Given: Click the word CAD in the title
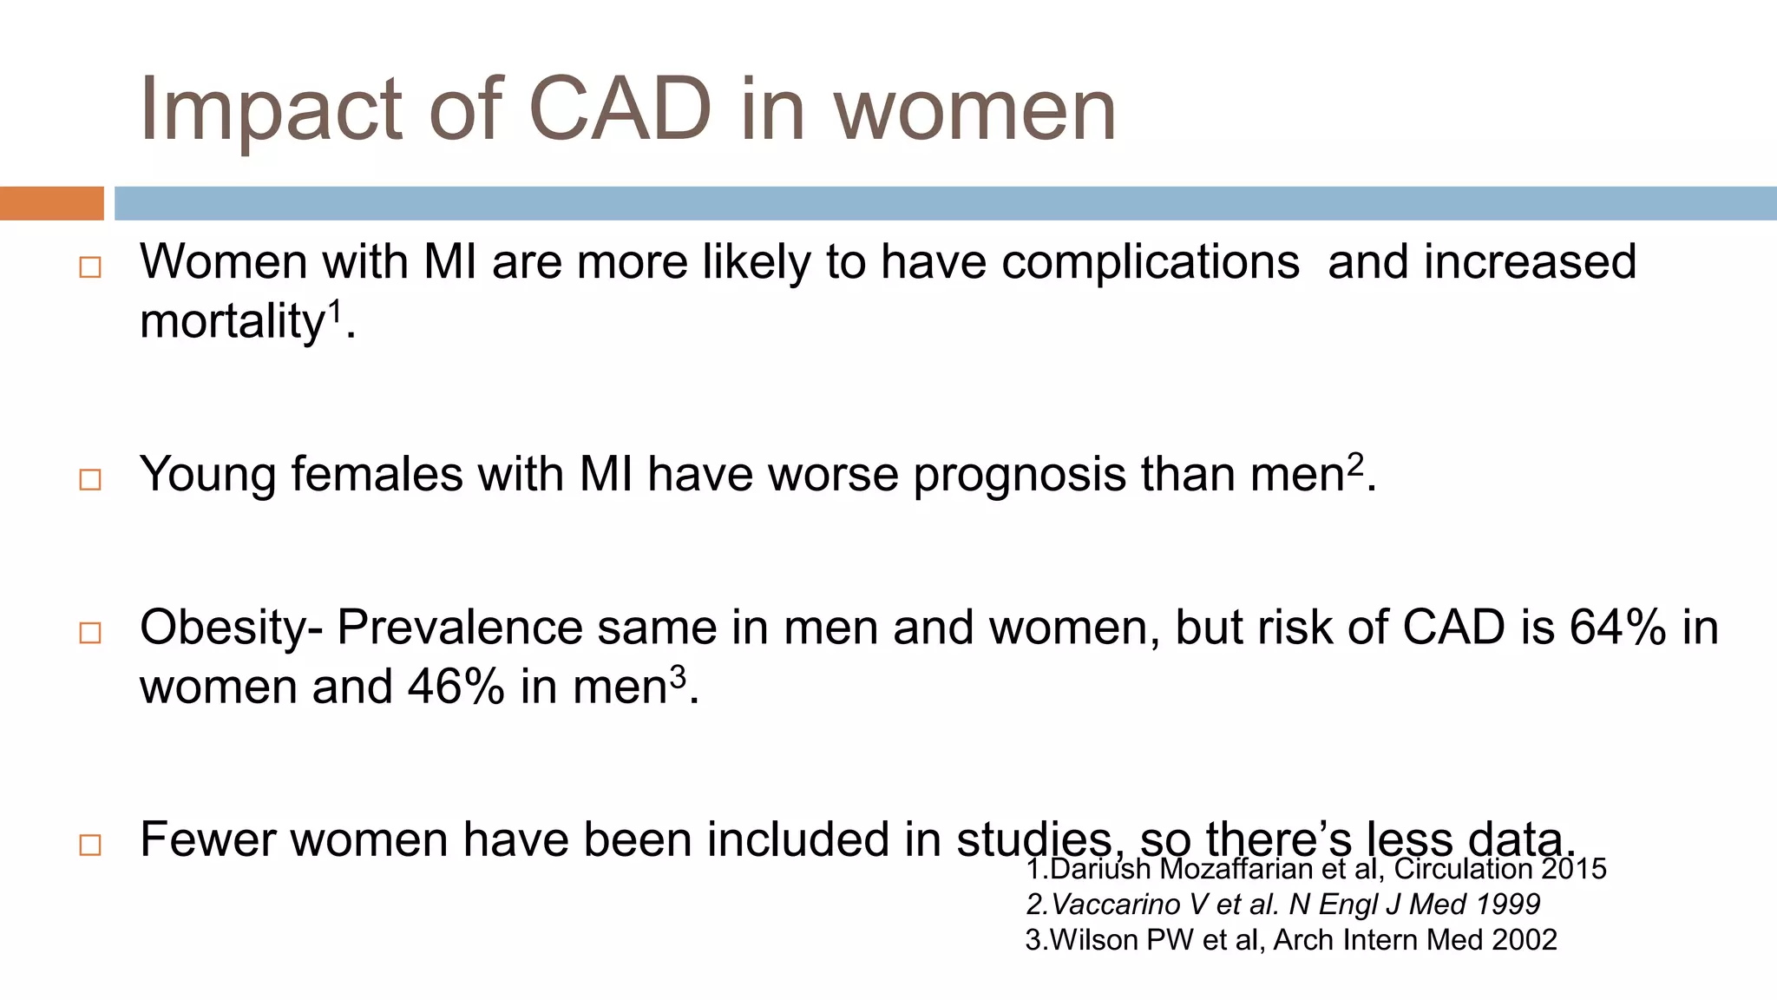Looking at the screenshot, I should [x=620, y=109].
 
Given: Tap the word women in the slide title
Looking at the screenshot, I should [x=974, y=111].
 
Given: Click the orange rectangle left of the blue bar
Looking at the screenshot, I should [x=51, y=203].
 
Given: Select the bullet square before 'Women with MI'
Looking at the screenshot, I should [x=90, y=267].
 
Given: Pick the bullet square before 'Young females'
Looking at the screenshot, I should [x=90, y=479].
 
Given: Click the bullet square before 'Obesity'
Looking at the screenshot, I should [x=90, y=633].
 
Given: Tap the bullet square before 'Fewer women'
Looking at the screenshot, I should [x=90, y=845].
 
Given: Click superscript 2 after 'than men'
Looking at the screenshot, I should [x=1355, y=464].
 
